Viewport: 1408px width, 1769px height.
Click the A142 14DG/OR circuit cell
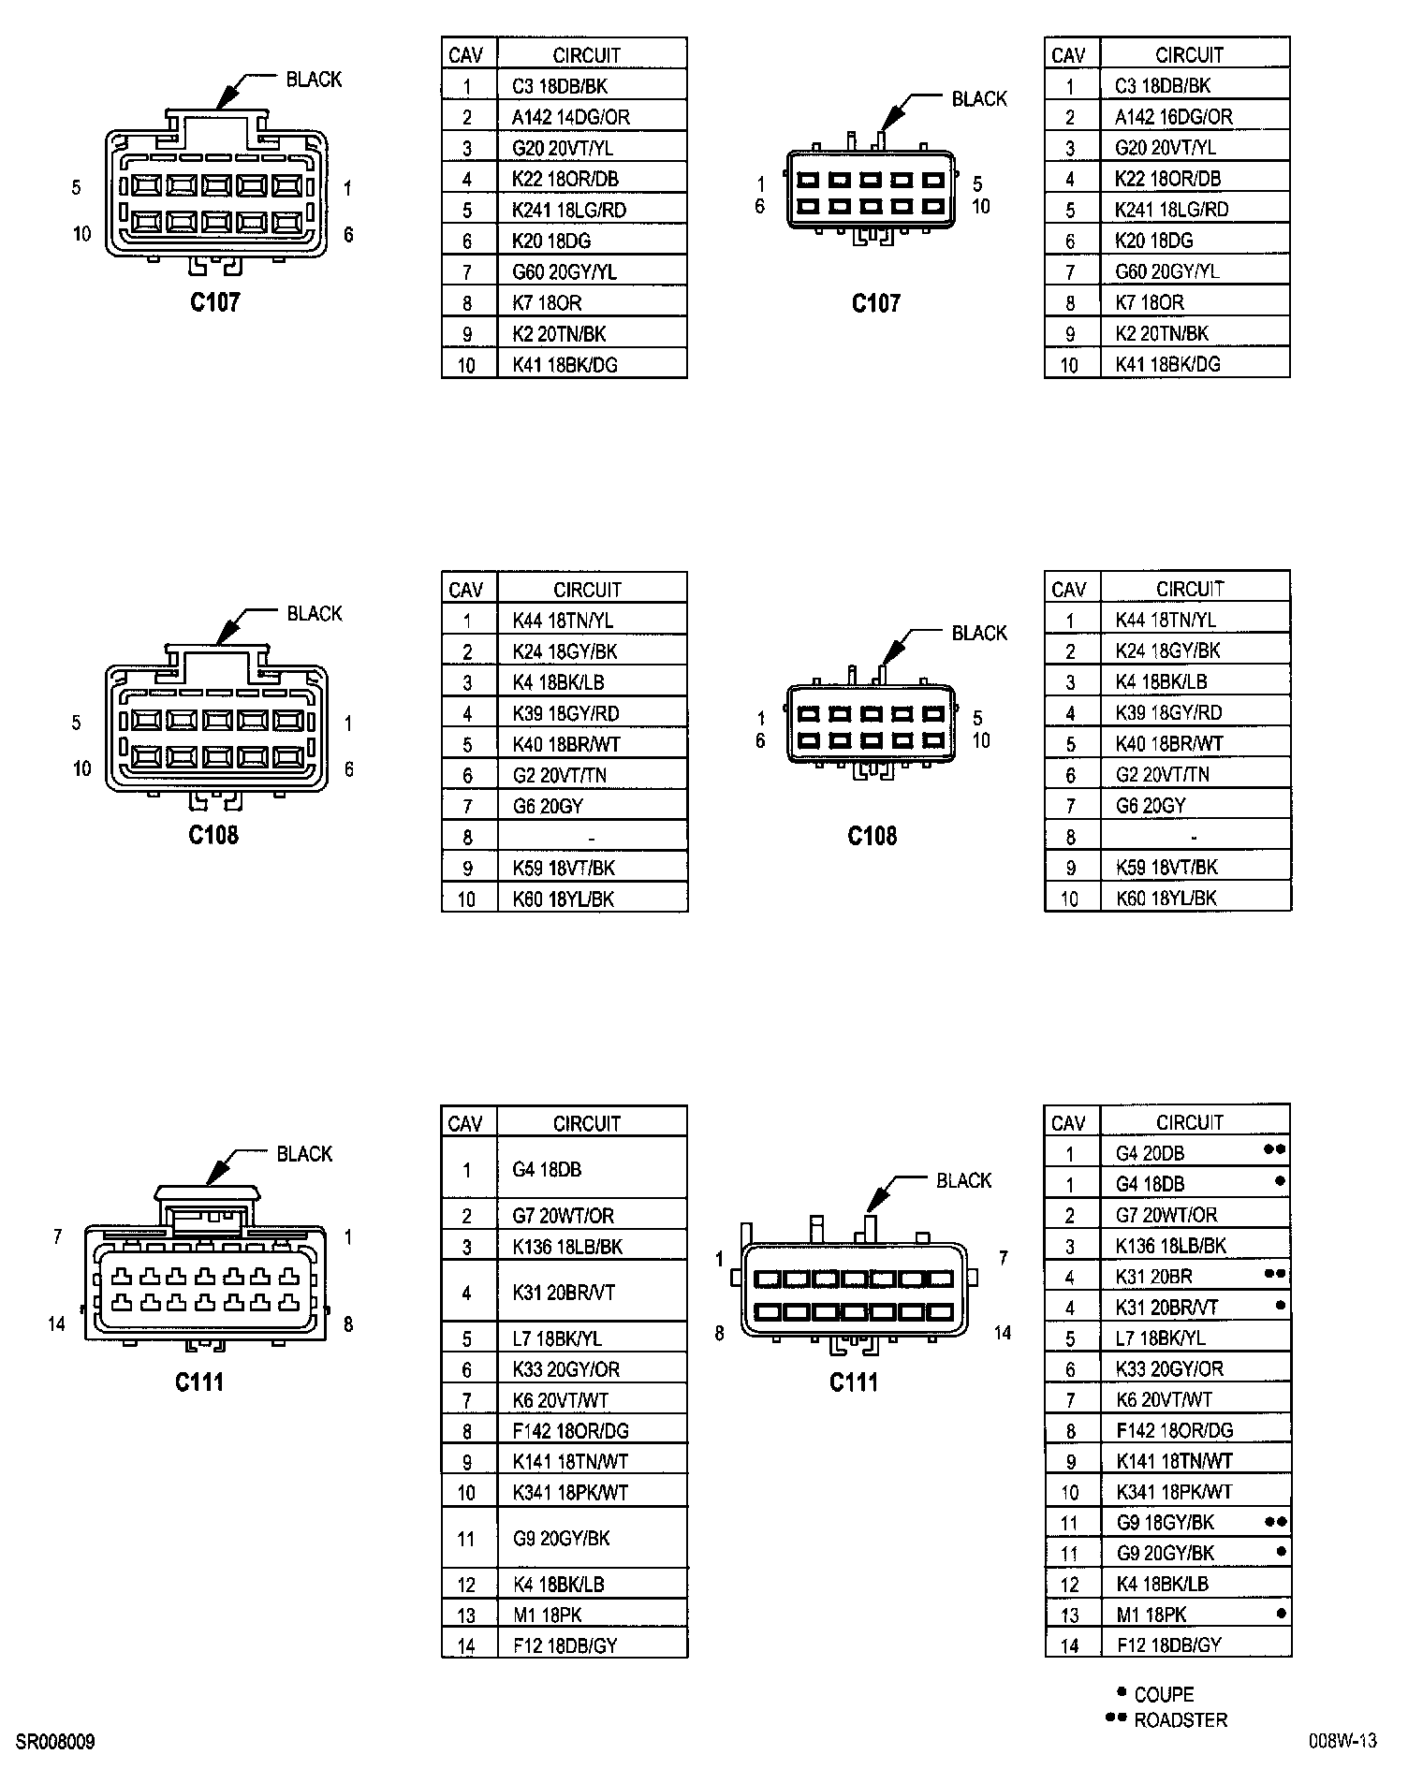[570, 117]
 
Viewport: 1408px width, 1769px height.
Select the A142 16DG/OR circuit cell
[1173, 117]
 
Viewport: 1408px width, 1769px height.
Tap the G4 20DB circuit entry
[1150, 1153]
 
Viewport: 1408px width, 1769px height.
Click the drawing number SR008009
[55, 1742]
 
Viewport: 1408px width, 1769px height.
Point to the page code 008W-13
[1342, 1741]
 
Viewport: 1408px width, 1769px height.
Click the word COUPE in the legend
[1164, 1694]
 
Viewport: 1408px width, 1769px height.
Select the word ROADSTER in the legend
[1180, 1719]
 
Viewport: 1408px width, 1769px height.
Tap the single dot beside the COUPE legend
[1121, 1692]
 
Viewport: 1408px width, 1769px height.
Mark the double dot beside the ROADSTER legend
[1115, 1718]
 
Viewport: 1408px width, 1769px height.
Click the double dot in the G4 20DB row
[1275, 1149]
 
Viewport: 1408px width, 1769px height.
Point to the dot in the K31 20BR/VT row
[1280, 1305]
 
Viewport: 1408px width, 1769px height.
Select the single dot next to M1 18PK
[1280, 1613]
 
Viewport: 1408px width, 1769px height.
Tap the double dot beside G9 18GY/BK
[1275, 1522]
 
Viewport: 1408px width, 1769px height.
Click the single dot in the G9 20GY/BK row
[1280, 1551]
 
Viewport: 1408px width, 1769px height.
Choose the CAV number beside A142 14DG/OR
[467, 118]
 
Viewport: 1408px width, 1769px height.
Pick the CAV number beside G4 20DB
[1069, 1154]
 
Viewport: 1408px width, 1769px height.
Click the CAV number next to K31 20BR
[1069, 1278]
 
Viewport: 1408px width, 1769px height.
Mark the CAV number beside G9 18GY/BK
[1069, 1524]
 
